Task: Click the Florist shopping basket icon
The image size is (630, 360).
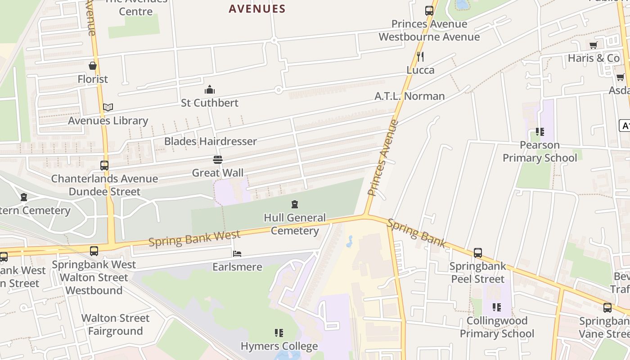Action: [x=93, y=66]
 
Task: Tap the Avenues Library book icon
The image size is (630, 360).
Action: [x=108, y=108]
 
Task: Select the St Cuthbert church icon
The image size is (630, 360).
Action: [x=210, y=90]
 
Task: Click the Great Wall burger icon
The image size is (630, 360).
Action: [x=218, y=160]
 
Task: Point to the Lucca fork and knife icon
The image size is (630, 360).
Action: [x=420, y=57]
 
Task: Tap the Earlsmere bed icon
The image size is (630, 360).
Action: [x=237, y=254]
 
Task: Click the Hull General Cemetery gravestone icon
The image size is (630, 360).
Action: [x=295, y=205]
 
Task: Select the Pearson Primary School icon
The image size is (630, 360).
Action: [x=540, y=132]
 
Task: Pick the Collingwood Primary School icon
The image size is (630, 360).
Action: [x=497, y=307]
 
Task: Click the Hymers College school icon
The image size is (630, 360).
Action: [x=279, y=333]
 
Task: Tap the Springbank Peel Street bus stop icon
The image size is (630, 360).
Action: [x=478, y=253]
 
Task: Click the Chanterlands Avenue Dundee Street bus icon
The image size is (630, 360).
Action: [x=104, y=166]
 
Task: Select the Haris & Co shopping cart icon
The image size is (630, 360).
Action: [x=594, y=45]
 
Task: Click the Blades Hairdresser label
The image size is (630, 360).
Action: [x=210, y=141]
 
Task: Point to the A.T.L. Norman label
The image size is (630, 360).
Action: [x=409, y=96]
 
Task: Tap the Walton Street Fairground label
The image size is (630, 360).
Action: [x=115, y=325]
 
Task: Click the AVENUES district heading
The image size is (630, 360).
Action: [x=257, y=9]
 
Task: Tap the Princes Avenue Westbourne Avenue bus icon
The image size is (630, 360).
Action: [x=429, y=11]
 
